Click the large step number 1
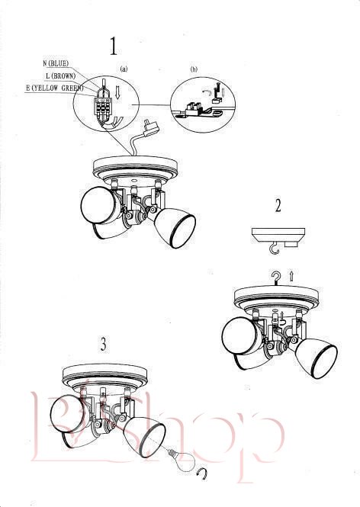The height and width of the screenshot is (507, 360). pos(114,47)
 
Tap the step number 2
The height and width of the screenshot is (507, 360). pos(278,206)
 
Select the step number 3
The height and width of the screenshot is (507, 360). pos(103,345)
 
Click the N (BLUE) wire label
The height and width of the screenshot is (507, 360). pos(56,63)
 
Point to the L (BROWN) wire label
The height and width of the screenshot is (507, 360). pos(61,76)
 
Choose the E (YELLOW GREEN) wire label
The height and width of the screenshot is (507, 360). pos(54,88)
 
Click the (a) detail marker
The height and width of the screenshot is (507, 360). pos(124,69)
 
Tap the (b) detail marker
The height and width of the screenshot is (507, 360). pos(194,69)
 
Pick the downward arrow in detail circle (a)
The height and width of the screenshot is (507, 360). pos(117,93)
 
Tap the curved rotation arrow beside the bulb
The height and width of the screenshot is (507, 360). pos(202,473)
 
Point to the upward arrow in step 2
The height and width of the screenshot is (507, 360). pos(292,276)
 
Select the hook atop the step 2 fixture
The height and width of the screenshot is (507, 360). pos(276,279)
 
